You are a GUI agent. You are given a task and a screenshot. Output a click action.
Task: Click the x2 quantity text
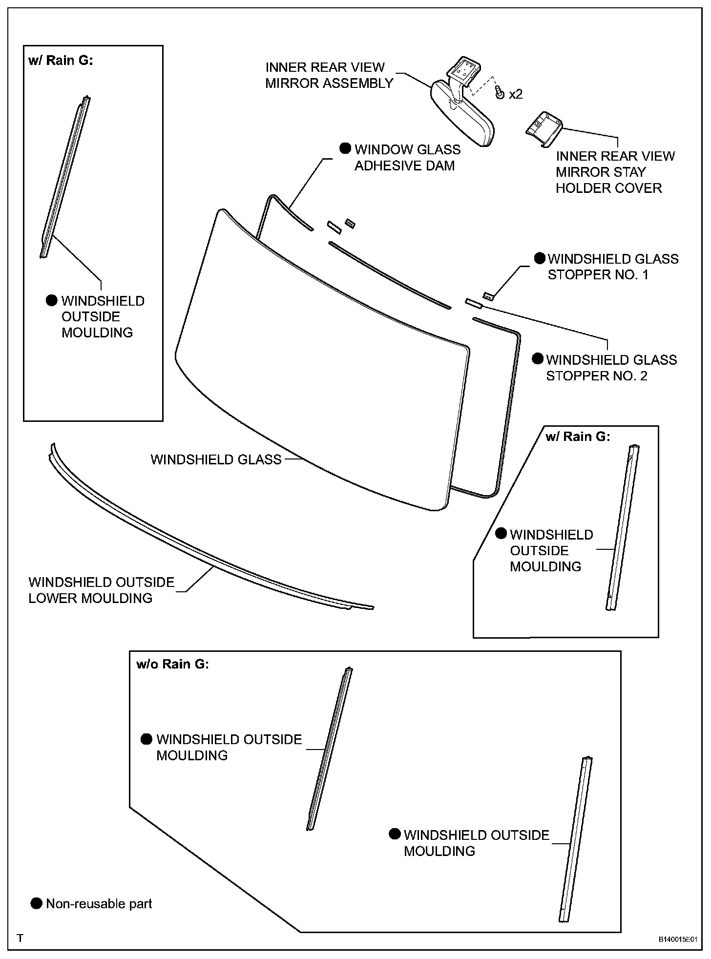pyautogui.click(x=516, y=94)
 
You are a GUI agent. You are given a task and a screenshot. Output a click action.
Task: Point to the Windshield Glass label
pyautogui.click(x=216, y=459)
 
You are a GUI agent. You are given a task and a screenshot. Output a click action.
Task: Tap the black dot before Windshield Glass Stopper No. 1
pyautogui.click(x=539, y=258)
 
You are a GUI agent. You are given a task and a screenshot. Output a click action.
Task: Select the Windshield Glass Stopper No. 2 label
pyautogui.click(x=611, y=368)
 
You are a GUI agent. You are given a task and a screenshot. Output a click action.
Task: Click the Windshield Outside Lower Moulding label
pyautogui.click(x=101, y=590)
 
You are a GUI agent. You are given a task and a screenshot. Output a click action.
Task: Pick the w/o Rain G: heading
pyautogui.click(x=172, y=664)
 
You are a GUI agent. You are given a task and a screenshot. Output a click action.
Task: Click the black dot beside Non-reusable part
pyautogui.click(x=36, y=903)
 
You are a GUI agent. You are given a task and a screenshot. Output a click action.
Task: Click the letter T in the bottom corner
pyautogui.click(x=20, y=938)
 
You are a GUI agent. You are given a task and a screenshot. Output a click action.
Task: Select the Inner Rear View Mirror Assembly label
pyautogui.click(x=329, y=75)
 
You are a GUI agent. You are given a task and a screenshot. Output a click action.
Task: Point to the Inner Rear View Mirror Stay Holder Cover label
pyautogui.click(x=615, y=172)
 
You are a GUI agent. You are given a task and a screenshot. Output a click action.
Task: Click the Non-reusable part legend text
pyautogui.click(x=99, y=904)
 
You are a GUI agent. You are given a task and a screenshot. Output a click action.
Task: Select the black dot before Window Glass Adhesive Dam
pyautogui.click(x=345, y=148)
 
